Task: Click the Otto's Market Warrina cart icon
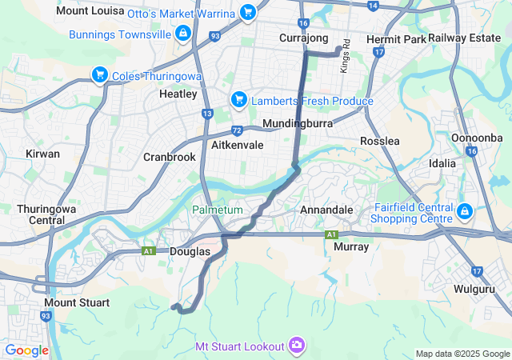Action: click(x=248, y=13)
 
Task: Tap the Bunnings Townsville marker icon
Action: click(x=183, y=34)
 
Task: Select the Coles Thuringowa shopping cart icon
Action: click(x=100, y=75)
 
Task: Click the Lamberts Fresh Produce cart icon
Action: click(x=238, y=100)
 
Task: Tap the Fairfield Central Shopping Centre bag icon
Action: click(x=465, y=212)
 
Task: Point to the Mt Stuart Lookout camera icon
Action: click(x=297, y=345)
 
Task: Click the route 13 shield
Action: click(x=207, y=114)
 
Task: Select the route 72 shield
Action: click(x=237, y=130)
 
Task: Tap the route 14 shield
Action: click(x=372, y=6)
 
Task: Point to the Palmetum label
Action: click(x=217, y=210)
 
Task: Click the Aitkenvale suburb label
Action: click(x=238, y=145)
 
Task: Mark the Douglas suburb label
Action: click(x=190, y=251)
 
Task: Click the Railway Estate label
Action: click(x=464, y=38)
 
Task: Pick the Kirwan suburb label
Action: click(x=42, y=153)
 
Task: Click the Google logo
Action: click(x=27, y=350)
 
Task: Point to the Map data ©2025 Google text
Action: click(x=462, y=354)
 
